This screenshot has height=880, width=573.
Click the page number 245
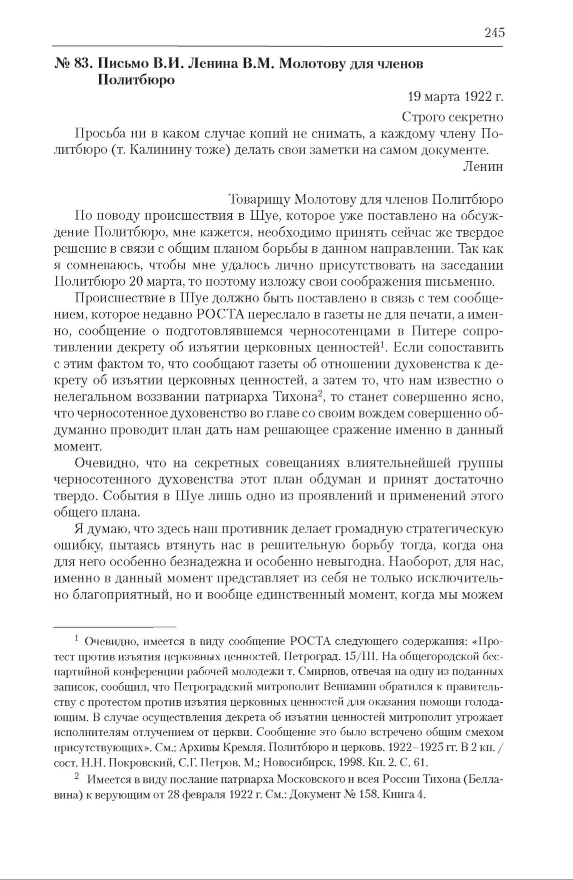tap(494, 33)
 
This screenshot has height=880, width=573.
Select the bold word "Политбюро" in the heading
tap(135, 80)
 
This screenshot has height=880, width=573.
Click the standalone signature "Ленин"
tap(482, 167)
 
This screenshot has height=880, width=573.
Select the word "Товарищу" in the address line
tap(258, 199)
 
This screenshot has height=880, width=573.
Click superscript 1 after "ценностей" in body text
tap(381, 343)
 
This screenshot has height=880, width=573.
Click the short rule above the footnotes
tap(115, 626)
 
